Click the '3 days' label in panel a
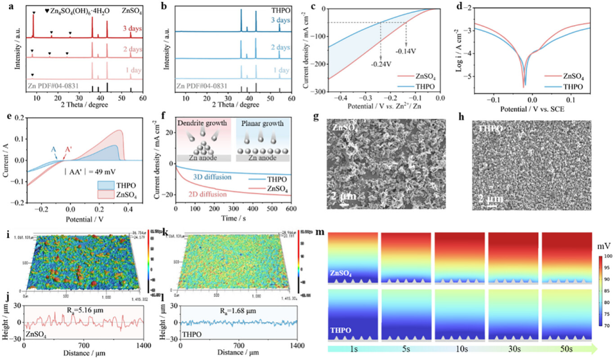click(131, 27)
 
